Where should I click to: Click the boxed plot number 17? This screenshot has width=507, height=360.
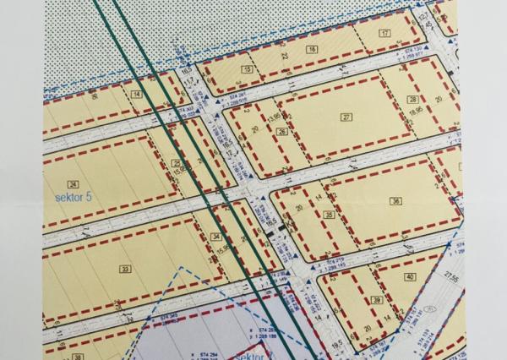click(x=385, y=33)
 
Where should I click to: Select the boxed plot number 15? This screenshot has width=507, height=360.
click(x=247, y=69)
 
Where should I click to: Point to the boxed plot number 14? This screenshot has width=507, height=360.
click(x=136, y=95)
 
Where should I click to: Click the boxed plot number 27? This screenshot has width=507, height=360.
click(x=346, y=117)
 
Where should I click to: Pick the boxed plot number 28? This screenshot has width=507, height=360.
click(x=413, y=99)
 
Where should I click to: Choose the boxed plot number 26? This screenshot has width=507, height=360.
click(x=282, y=132)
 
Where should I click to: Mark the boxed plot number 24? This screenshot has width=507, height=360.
click(x=74, y=184)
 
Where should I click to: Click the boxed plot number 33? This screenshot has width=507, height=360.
click(x=126, y=269)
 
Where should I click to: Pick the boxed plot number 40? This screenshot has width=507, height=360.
click(x=410, y=277)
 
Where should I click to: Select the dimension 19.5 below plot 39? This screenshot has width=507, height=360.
click(x=336, y=345)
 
